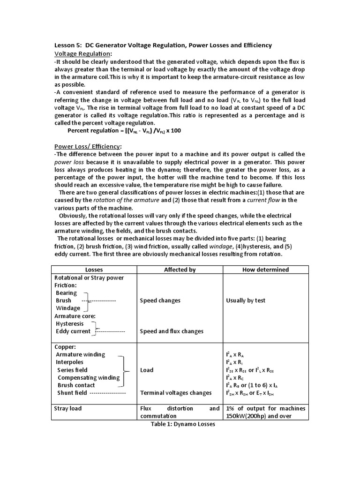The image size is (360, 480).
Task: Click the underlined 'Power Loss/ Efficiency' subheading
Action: pos(88,146)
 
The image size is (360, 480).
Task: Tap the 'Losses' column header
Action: pos(94,270)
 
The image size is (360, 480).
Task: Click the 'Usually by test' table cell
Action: pos(246,300)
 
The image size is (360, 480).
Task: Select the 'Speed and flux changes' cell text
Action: pos(172,331)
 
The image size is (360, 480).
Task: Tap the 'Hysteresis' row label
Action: pos(71,323)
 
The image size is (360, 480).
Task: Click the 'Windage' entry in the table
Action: pos(68,308)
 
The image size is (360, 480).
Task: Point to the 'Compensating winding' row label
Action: pos(89,377)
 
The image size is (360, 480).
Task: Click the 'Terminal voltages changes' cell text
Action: pos(176,393)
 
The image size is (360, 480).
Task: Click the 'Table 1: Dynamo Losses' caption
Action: pos(180,424)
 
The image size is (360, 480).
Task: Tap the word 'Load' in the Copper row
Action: pos(147,370)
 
